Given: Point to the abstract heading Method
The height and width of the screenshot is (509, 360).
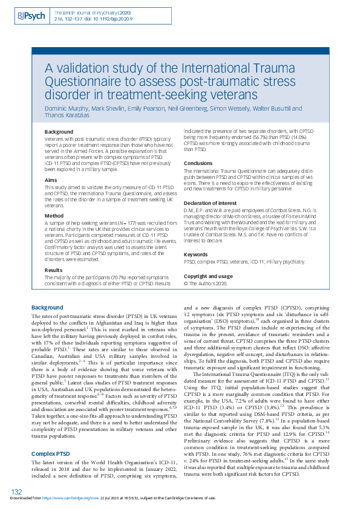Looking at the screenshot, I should (x=54, y=215).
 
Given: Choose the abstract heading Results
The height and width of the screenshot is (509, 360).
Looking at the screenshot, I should (x=54, y=270).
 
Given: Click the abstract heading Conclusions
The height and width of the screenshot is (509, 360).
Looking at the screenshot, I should (x=198, y=163).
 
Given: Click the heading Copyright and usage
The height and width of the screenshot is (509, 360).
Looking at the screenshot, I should (x=209, y=275).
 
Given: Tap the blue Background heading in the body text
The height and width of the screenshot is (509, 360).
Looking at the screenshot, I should (x=47, y=307).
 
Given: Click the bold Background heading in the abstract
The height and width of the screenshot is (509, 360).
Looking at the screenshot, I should (x=59, y=131).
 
